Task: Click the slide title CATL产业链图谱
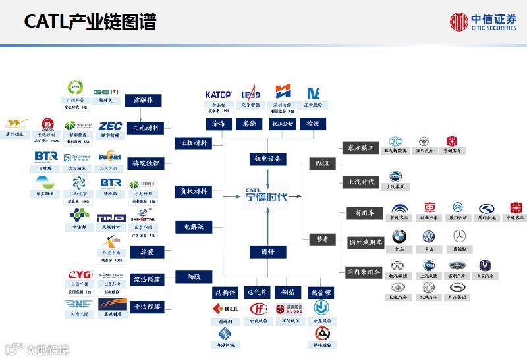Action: pyautogui.click(x=90, y=22)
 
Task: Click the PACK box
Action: pyautogui.click(x=322, y=163)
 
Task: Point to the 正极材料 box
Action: pyautogui.click(x=194, y=143)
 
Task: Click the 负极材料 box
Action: pyautogui.click(x=194, y=192)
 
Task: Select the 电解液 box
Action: pyautogui.click(x=194, y=227)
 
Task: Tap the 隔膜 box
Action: pyautogui.click(x=194, y=277)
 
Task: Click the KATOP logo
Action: pyautogui.click(x=218, y=94)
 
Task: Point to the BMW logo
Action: pyautogui.click(x=399, y=236)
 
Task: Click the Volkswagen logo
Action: pyautogui.click(x=429, y=236)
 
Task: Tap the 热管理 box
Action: pyautogui.click(x=322, y=292)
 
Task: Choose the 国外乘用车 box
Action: pyautogui.click(x=364, y=242)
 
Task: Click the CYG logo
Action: pyautogui.click(x=80, y=275)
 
